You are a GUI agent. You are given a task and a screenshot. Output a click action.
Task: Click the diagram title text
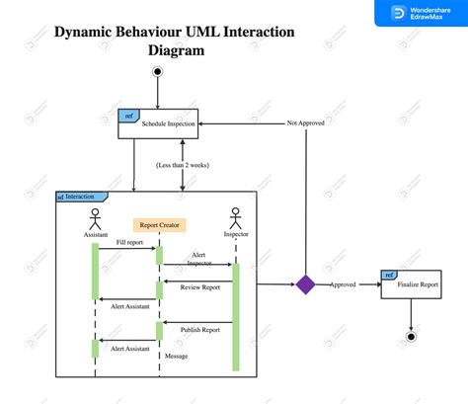point(174,40)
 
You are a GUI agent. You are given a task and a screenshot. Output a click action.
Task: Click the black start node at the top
point(156,72)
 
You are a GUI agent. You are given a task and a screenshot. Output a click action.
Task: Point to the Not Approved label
point(306,123)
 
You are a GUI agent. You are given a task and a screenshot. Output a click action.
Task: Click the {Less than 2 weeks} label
point(183,164)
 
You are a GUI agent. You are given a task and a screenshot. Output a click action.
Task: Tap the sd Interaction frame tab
point(76,197)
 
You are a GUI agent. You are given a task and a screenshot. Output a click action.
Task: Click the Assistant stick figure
point(96,218)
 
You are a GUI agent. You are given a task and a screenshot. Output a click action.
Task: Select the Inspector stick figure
point(235,218)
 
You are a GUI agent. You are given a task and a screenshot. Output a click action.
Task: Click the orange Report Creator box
point(159,224)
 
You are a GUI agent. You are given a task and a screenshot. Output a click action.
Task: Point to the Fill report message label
point(129,242)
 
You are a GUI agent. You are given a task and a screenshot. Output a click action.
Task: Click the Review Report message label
point(198,287)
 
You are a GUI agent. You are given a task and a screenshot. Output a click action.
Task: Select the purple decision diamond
point(305,284)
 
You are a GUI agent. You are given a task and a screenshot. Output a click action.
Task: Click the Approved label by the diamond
point(343,284)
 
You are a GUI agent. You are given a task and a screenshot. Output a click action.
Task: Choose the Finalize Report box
point(411,283)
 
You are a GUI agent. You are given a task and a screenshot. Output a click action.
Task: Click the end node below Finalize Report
point(411,337)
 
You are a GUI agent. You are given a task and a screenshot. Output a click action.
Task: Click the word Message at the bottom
point(176,356)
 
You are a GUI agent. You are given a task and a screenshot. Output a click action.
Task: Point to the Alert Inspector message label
point(200,258)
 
